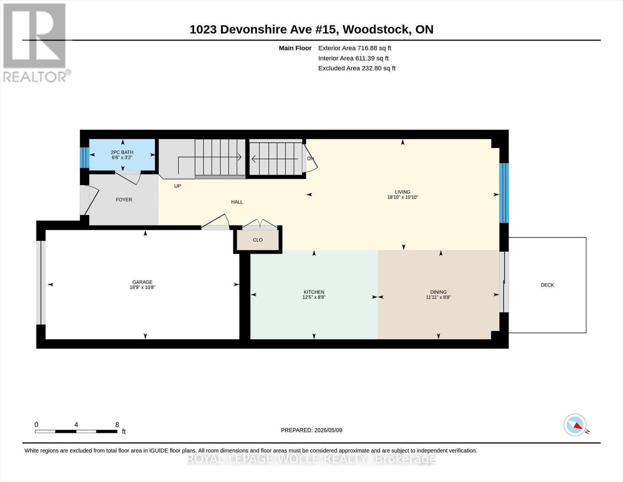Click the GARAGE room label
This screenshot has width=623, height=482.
click(x=142, y=282)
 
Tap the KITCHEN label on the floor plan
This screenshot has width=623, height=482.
click(x=314, y=292)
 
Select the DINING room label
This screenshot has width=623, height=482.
click(x=438, y=292)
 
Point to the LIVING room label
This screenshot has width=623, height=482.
click(x=402, y=192)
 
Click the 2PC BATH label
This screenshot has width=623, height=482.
click(x=122, y=153)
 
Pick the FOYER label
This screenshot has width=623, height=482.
click(x=124, y=200)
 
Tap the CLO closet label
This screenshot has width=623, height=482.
click(x=258, y=240)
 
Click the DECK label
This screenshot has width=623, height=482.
click(x=547, y=285)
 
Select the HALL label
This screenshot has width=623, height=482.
click(x=237, y=202)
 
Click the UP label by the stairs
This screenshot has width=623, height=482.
click(x=177, y=186)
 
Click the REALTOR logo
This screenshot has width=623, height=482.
click(x=36, y=43)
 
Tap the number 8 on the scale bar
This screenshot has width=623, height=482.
click(x=117, y=425)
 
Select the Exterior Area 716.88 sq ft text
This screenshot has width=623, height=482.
click(x=355, y=48)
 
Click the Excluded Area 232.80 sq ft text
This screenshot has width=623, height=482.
click(x=357, y=68)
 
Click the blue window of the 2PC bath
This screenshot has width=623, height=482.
click(x=85, y=157)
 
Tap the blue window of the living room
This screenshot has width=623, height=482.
click(x=504, y=193)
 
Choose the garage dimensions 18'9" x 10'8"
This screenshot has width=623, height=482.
click(x=142, y=287)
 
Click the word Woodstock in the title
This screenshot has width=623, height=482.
click(x=375, y=30)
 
